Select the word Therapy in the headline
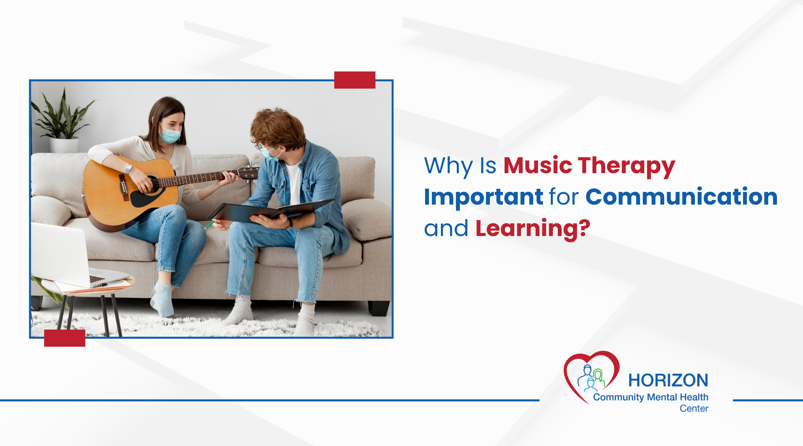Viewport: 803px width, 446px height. tap(626, 166)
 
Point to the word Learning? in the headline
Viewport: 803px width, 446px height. tap(533, 229)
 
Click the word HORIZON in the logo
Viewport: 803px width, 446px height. tap(668, 380)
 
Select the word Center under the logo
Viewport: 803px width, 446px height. tap(694, 408)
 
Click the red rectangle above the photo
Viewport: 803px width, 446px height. tap(355, 80)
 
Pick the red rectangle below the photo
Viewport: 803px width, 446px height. tap(65, 338)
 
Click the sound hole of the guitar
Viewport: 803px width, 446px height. tap(153, 184)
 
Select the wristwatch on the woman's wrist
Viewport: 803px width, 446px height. tap(128, 169)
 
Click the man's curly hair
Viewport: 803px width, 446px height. tap(278, 127)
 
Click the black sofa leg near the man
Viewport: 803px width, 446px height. tap(379, 308)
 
